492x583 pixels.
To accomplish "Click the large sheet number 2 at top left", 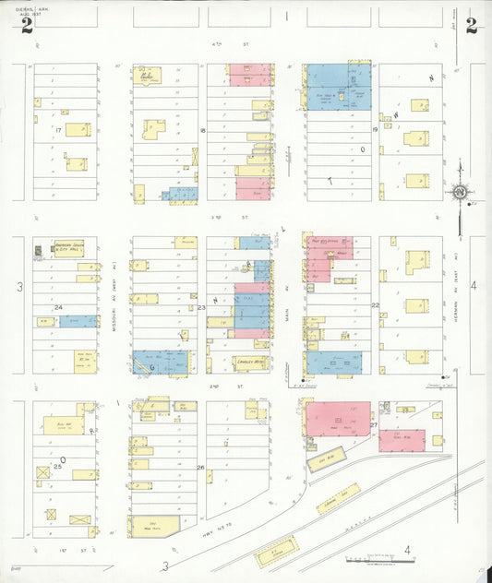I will [28, 25].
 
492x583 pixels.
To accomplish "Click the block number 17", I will [57, 131].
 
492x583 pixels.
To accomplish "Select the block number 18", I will [201, 131].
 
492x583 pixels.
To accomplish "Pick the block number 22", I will [375, 304].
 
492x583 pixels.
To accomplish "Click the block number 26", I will [200, 468].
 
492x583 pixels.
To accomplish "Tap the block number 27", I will [374, 424].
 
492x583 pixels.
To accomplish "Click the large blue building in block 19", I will [338, 87].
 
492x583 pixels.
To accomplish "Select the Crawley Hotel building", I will [249, 363].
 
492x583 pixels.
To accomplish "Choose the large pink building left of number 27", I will [338, 420].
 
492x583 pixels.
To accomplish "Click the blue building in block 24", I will [78, 321].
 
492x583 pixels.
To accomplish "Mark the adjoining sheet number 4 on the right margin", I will [474, 287].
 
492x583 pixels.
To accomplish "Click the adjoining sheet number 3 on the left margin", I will [18, 288].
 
